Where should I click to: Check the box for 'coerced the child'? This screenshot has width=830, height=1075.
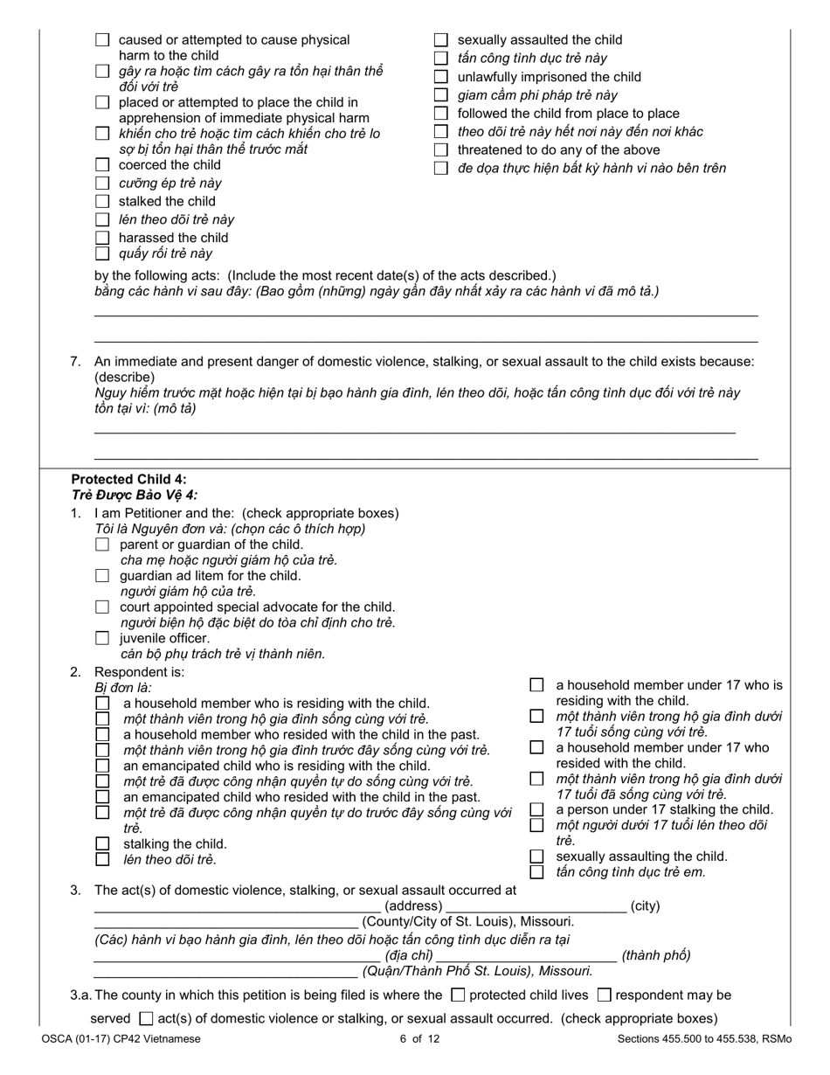[x=102, y=165]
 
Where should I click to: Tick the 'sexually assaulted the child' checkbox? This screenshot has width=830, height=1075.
[x=441, y=40]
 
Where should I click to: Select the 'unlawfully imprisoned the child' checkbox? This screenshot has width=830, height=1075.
[x=441, y=77]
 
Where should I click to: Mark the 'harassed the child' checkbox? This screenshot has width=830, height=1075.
[x=102, y=238]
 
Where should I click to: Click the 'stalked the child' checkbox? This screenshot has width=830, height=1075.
[x=102, y=202]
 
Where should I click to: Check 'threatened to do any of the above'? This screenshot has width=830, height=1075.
[x=441, y=150]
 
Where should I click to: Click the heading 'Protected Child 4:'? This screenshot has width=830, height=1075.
[x=128, y=479]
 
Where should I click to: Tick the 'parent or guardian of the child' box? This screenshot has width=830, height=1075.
[x=102, y=545]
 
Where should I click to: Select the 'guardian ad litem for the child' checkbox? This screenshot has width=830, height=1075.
[x=102, y=576]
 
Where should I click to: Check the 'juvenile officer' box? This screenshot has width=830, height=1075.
[x=102, y=638]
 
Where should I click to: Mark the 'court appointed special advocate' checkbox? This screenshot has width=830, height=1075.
[x=102, y=607]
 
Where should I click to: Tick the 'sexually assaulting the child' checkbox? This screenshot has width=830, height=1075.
[x=536, y=857]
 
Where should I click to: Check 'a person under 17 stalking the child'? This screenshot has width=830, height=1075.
[x=536, y=810]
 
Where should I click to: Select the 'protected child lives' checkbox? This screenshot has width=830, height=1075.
[x=458, y=995]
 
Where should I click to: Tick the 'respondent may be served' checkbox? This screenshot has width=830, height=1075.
[x=605, y=995]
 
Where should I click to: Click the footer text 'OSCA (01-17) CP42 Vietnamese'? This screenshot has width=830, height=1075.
[x=120, y=1039]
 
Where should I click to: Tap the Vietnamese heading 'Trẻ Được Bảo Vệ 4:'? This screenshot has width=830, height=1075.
[x=135, y=495]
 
